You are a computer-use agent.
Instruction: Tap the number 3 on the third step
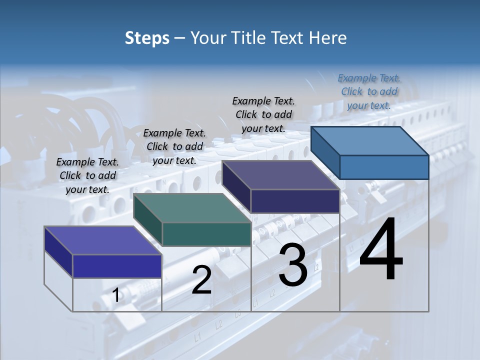click(293, 265)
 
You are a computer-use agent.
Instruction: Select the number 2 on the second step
click(201, 280)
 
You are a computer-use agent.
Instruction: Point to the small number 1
click(116, 295)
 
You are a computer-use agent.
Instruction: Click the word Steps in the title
click(147, 38)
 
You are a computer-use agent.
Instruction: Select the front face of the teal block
click(206, 234)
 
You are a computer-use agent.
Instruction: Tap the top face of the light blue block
click(370, 141)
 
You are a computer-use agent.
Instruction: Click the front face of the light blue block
click(384, 167)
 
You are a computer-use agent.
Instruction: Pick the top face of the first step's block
click(103, 240)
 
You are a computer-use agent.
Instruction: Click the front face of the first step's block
click(117, 266)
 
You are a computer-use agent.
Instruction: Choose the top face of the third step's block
click(281, 175)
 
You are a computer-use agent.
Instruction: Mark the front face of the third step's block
click(295, 201)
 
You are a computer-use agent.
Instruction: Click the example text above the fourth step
click(369, 91)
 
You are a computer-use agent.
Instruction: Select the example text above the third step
click(263, 114)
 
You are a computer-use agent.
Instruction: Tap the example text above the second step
click(174, 146)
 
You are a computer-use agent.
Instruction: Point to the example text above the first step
click(87, 175)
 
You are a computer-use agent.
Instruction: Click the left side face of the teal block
click(148, 220)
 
